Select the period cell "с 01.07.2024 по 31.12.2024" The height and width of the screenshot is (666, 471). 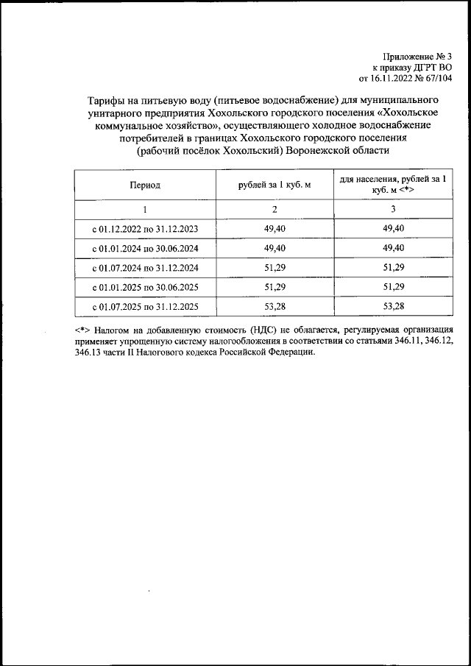pos(145,267)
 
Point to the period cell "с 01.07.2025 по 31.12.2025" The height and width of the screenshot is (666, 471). pos(145,305)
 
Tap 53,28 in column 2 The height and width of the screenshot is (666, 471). pos(274,305)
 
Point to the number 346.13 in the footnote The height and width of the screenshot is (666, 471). pos(90,353)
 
